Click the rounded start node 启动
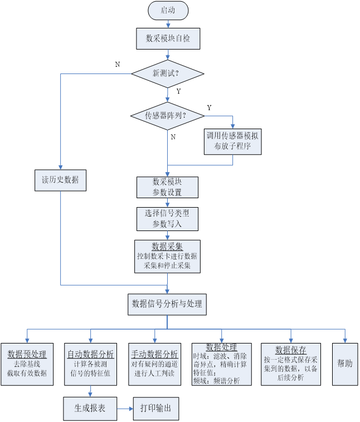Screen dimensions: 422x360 click(x=168, y=10)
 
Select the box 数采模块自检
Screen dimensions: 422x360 click(x=168, y=38)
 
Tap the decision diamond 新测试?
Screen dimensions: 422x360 click(x=167, y=73)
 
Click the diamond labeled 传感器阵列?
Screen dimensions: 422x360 click(x=167, y=116)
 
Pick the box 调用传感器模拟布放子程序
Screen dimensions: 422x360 click(x=232, y=140)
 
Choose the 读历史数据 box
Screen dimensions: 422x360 click(x=60, y=179)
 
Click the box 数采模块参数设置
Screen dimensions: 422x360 click(x=168, y=187)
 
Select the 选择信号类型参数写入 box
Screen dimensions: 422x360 click(x=168, y=218)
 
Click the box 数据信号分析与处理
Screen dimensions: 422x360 click(x=168, y=304)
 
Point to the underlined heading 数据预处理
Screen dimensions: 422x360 click(x=27, y=354)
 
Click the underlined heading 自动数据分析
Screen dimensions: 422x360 click(x=91, y=354)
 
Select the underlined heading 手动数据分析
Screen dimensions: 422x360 click(x=155, y=354)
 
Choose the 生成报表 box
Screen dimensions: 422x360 click(x=90, y=409)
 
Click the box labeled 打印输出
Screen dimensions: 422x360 click(x=156, y=409)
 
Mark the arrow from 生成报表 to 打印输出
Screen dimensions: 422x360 click(x=125, y=409)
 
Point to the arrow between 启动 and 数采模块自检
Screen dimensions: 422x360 click(x=168, y=23)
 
